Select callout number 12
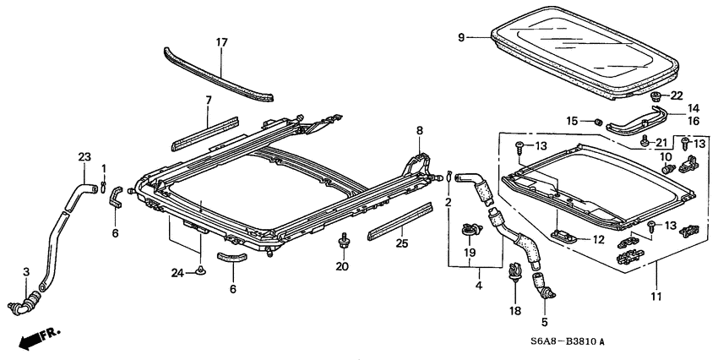(x=599, y=240)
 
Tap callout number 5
(x=545, y=321)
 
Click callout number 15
(x=572, y=122)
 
